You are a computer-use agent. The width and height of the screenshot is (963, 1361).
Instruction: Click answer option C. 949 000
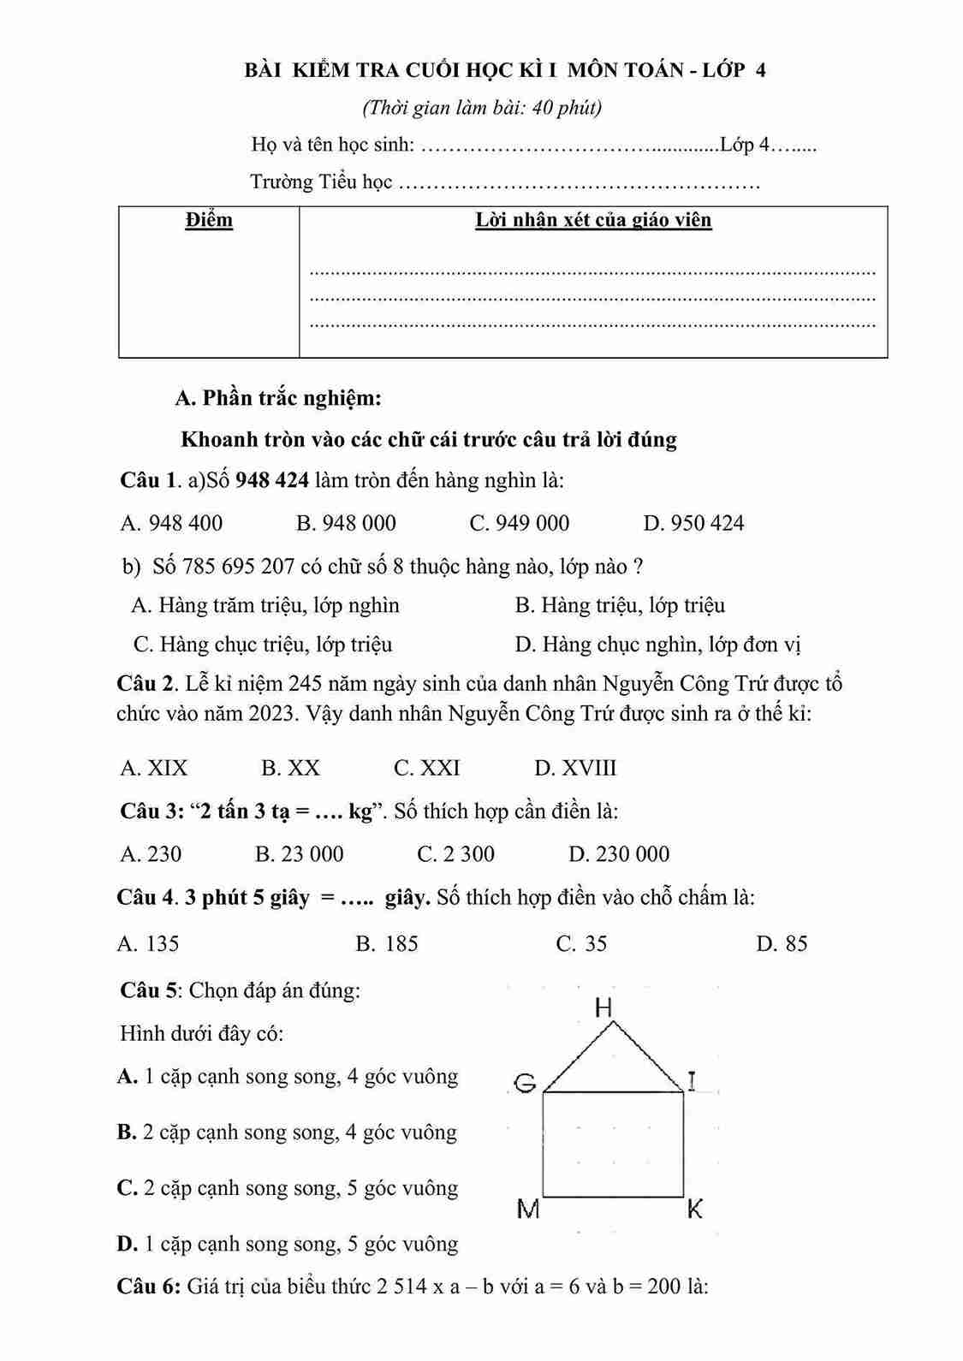coord(519,523)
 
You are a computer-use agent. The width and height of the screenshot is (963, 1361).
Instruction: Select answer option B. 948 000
coord(346,523)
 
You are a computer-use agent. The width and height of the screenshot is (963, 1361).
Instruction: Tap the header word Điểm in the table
coord(209,220)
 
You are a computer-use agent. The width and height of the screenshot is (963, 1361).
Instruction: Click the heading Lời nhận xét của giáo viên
coord(593,220)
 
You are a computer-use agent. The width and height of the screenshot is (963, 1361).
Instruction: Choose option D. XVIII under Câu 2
coord(575,768)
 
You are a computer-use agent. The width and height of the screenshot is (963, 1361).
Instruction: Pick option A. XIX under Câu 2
coord(154,768)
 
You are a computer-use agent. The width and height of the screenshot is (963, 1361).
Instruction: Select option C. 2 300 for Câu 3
coord(455,854)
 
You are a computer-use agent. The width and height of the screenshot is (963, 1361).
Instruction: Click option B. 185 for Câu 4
coord(387,944)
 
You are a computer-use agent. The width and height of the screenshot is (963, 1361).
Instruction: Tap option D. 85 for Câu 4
coord(782,944)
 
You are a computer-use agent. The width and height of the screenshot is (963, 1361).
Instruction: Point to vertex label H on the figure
coord(603,1008)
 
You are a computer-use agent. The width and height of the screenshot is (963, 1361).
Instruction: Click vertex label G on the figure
coord(525,1084)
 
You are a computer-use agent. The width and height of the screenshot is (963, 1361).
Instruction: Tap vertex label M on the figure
coord(529,1209)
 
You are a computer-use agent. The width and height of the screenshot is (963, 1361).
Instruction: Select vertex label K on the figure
coord(694,1209)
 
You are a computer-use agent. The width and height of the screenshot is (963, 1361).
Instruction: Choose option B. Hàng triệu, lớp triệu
coord(620,606)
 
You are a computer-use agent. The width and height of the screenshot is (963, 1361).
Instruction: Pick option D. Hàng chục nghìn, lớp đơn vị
coord(657,645)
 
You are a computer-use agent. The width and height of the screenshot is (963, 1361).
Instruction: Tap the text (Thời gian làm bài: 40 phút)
coord(482,108)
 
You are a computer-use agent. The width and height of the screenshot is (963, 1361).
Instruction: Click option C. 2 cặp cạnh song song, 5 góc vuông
coord(288,1188)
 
